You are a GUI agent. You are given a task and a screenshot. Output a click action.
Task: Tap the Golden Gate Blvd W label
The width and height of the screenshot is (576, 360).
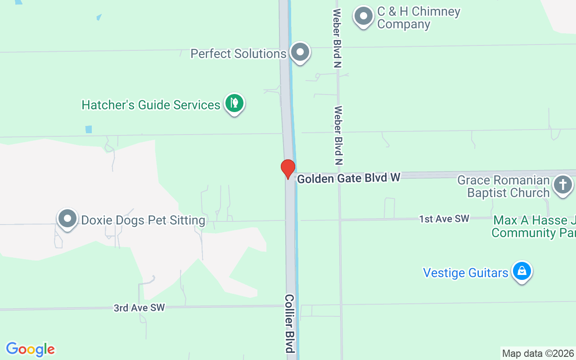pyautogui.click(x=348, y=178)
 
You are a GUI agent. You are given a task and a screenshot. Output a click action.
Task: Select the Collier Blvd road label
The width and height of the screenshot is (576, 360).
pyautogui.click(x=289, y=323)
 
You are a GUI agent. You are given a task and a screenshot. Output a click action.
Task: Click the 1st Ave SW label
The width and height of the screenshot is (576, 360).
pyautogui.click(x=444, y=219)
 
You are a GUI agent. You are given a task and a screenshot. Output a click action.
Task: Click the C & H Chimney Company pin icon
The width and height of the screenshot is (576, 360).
pyautogui.click(x=364, y=17)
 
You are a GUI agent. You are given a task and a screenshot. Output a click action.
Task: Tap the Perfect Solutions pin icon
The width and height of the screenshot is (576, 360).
pyautogui.click(x=300, y=53)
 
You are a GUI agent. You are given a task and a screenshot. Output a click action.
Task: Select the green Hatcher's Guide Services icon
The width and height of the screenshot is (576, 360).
pyautogui.click(x=234, y=104)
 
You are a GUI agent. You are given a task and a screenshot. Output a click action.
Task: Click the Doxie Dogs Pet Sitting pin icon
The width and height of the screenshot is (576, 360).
pyautogui.click(x=68, y=219)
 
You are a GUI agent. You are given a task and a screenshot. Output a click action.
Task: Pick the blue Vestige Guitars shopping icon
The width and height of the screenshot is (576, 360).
pyautogui.click(x=522, y=271)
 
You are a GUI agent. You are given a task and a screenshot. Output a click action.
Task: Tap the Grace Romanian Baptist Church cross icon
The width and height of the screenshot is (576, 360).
pyautogui.click(x=562, y=185)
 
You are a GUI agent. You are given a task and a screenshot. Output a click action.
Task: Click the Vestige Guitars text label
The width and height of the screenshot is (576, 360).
pyautogui.click(x=466, y=273)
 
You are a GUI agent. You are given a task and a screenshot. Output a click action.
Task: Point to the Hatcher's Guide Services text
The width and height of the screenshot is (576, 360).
pyautogui.click(x=151, y=105)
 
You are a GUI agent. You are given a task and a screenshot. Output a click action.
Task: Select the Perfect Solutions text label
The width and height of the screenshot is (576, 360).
pyautogui.click(x=238, y=54)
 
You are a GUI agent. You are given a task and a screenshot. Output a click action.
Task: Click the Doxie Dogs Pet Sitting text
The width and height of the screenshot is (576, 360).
pyautogui.click(x=143, y=220)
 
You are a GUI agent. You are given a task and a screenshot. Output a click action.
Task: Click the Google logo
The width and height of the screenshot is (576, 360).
pyautogui.click(x=31, y=349)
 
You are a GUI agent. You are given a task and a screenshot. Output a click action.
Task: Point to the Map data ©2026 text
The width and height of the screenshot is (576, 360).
pyautogui.click(x=538, y=353)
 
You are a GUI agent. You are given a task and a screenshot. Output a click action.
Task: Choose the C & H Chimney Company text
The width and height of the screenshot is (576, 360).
pyautogui.click(x=418, y=18)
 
